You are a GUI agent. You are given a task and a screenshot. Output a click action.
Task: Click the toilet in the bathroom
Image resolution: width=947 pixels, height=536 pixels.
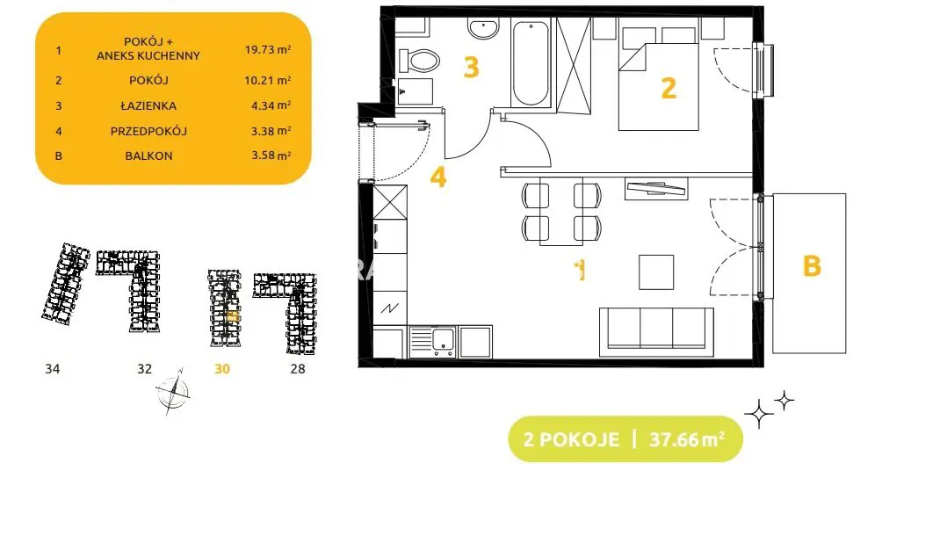(418, 61)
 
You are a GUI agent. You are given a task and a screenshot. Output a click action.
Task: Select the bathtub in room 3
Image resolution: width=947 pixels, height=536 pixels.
(531, 63)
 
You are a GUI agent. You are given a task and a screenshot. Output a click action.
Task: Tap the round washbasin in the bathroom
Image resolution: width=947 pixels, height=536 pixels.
(483, 28)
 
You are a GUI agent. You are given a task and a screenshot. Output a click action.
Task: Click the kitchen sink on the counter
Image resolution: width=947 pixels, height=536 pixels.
(432, 342)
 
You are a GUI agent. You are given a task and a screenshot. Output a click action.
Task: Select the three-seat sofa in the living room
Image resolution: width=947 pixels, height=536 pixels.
(656, 332)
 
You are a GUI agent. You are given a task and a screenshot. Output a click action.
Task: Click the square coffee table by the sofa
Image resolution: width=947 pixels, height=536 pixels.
(656, 272)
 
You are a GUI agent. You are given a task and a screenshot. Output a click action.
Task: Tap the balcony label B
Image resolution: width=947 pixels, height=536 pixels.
(812, 266)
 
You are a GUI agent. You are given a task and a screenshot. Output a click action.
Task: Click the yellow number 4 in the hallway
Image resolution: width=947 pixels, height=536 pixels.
(438, 177)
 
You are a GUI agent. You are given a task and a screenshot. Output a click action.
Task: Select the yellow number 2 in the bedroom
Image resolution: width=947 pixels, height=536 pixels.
(669, 88)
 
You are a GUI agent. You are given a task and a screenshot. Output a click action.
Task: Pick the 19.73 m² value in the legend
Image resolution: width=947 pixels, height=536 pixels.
(268, 49)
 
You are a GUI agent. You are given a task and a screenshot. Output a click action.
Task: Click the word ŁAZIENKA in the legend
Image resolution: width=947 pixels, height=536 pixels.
(148, 105)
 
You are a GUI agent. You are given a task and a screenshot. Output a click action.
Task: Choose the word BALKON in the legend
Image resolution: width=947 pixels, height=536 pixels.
(148, 156)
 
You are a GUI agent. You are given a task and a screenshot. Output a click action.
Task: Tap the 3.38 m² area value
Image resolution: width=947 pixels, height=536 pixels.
(271, 131)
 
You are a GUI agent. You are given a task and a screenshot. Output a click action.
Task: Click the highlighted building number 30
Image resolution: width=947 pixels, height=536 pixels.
(222, 369)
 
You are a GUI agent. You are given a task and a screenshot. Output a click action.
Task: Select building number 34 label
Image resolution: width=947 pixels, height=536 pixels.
(53, 369)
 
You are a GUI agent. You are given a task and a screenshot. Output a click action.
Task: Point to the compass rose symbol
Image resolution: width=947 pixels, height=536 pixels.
(173, 392)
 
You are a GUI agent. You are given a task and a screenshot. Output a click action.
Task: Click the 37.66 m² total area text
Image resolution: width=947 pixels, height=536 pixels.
(687, 439)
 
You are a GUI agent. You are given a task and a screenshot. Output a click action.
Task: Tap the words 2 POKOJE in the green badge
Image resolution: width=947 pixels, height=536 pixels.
(571, 439)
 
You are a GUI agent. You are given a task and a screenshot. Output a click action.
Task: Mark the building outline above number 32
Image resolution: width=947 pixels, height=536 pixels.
(129, 291)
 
